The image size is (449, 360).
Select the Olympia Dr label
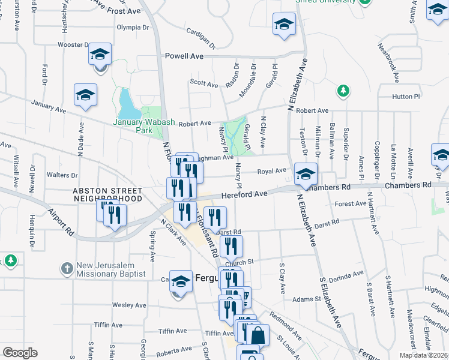coord(133,27)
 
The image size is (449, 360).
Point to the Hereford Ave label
coord(244,194)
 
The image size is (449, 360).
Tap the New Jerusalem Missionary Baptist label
coord(111,269)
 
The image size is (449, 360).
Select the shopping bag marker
coord(257,335)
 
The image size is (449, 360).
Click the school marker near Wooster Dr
coord(100,56)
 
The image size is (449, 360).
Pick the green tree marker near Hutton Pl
coord(343,91)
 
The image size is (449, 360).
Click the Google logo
coord(20,353)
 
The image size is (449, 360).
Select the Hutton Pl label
coord(406,97)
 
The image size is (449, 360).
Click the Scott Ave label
coord(203,85)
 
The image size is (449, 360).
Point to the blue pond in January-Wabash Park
coord(128,104)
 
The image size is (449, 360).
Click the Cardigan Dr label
coord(200,38)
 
